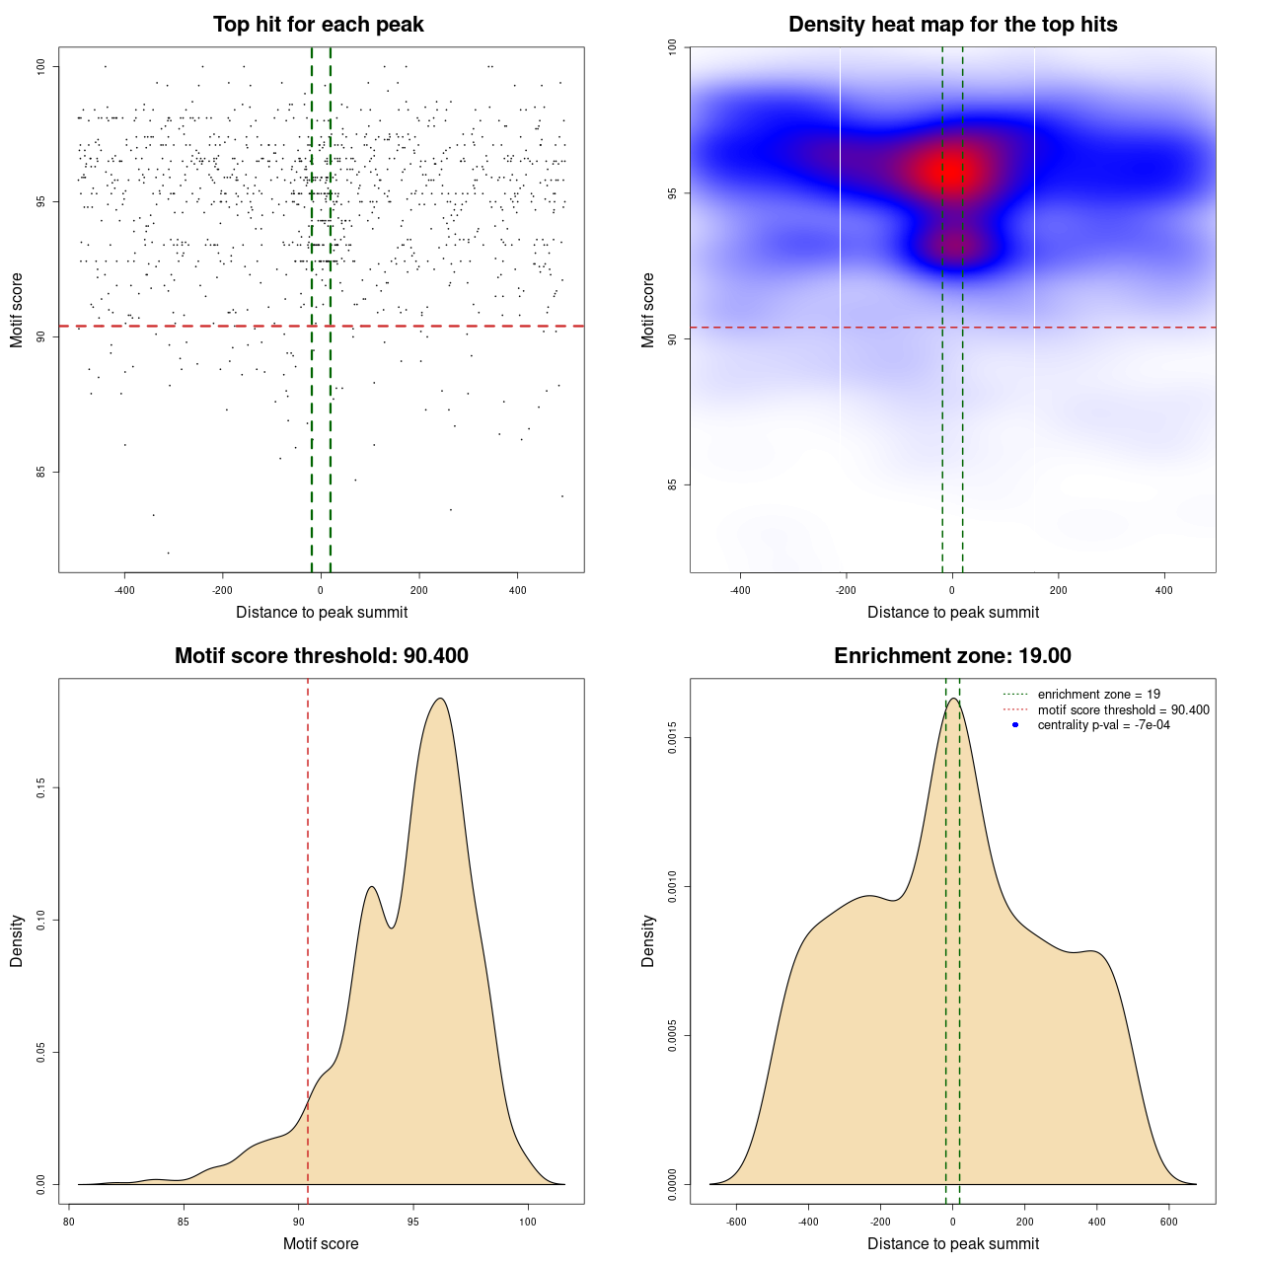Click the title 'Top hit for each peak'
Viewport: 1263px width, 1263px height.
319,25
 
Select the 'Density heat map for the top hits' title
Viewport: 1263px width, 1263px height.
953,25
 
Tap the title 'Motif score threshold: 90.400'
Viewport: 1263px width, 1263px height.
322,656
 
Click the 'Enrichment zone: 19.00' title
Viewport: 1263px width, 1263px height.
953,656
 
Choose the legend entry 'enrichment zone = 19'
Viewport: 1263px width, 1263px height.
1098,695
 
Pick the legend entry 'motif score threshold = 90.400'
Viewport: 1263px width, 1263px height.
1123,709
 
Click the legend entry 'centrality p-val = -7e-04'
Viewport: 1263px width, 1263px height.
1103,725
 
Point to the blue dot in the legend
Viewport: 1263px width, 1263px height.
1015,725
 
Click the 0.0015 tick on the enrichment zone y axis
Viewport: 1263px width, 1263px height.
672,738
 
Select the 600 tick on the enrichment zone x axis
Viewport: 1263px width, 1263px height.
1169,1222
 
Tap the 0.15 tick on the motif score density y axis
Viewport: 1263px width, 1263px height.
40,787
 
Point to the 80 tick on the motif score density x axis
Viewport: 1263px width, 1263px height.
69,1222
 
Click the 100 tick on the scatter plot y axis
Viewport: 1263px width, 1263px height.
40,66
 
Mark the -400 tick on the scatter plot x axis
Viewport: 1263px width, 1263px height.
124,590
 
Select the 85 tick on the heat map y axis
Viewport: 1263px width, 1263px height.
672,484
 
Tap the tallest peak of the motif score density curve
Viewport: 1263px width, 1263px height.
440,699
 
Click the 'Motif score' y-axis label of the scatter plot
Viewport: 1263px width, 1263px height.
17,310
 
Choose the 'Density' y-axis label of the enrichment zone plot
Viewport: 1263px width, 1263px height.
648,941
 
